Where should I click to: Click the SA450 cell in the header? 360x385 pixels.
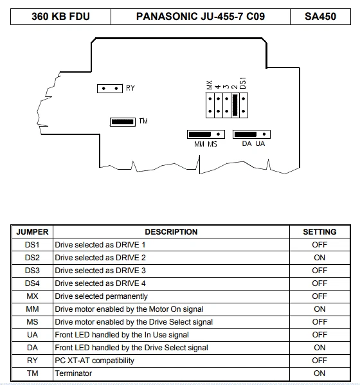[320, 17]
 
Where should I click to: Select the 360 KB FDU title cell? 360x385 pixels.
[60, 17]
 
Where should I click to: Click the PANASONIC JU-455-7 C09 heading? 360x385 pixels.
[201, 17]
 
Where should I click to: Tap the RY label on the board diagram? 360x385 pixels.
[130, 88]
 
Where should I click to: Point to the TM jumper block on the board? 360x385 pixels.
[123, 121]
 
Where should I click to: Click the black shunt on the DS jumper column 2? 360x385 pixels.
[235, 105]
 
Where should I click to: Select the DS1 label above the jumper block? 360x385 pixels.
[242, 83]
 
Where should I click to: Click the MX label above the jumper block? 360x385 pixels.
[210, 85]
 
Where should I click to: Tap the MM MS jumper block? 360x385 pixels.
[206, 134]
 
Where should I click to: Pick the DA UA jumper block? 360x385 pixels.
[251, 134]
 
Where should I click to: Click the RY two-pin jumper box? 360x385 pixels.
[110, 89]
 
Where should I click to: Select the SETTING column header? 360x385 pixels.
[319, 232]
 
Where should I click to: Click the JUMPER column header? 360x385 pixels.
[32, 232]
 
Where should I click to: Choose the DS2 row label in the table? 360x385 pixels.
[32, 258]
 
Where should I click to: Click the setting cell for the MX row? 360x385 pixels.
[319, 296]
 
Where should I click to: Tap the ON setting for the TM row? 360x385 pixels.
[319, 373]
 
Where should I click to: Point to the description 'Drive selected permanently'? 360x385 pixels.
[101, 296]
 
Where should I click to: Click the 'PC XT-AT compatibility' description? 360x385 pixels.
[94, 361]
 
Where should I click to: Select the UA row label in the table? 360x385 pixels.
[32, 335]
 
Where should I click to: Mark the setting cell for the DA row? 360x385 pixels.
[319, 348]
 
